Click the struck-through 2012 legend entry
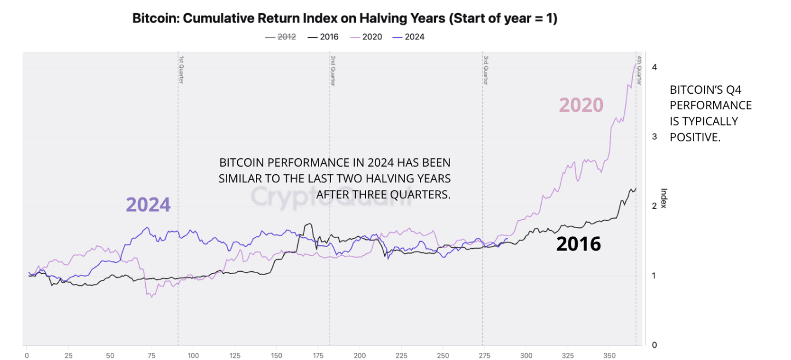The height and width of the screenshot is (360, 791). (x=281, y=37)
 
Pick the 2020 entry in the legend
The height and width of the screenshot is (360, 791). (x=367, y=37)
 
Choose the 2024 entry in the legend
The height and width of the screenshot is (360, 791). (x=409, y=37)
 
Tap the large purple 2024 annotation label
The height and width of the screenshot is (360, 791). (x=148, y=204)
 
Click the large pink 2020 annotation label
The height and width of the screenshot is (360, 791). (x=581, y=105)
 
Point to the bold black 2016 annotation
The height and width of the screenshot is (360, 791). (x=578, y=244)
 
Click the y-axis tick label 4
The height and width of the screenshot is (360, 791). (x=654, y=67)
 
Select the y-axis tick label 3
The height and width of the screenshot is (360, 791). (x=654, y=136)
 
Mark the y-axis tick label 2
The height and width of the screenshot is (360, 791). (x=654, y=206)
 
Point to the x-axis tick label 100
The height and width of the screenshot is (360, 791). (x=193, y=355)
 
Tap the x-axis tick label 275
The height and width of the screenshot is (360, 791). (x=485, y=355)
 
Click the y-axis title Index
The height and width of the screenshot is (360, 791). (x=663, y=198)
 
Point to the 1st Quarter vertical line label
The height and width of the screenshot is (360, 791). (x=180, y=68)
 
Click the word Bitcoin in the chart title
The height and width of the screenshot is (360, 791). (x=155, y=19)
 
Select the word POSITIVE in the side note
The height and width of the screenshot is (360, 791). (x=695, y=137)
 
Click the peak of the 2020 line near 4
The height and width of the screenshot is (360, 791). (x=636, y=64)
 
